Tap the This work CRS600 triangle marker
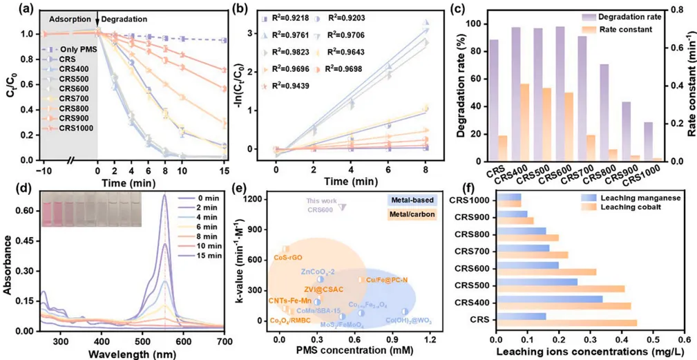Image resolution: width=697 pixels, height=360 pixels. (343, 207)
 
